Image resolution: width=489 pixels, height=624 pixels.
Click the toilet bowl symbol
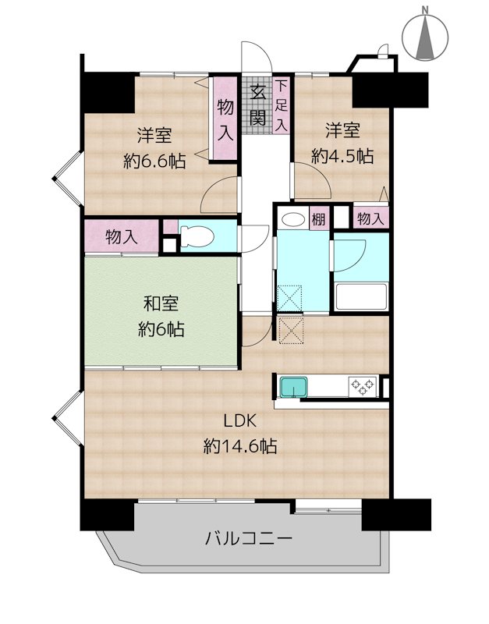[x=197, y=237]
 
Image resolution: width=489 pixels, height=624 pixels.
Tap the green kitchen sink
[x=294, y=387]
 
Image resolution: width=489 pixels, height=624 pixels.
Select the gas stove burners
[x=363, y=386]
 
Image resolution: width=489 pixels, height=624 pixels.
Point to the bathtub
[x=361, y=297]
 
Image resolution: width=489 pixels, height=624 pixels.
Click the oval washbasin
[x=293, y=220]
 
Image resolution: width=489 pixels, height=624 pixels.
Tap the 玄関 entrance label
[x=257, y=105]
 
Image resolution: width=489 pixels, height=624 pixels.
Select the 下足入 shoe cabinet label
[x=282, y=106]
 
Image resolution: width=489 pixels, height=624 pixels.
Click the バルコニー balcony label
[x=249, y=539]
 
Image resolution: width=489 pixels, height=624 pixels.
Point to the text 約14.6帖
[x=240, y=446]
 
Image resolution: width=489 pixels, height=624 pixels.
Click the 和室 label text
[x=161, y=304]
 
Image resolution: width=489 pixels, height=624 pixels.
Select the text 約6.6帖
[x=154, y=161]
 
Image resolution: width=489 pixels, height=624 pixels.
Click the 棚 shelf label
[x=319, y=218]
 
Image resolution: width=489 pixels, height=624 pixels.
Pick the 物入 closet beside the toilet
[x=122, y=238]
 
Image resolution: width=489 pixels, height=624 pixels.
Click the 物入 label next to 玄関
[x=225, y=119]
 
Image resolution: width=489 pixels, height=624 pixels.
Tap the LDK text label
[x=239, y=420]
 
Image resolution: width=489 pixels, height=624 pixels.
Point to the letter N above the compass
[x=425, y=10]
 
